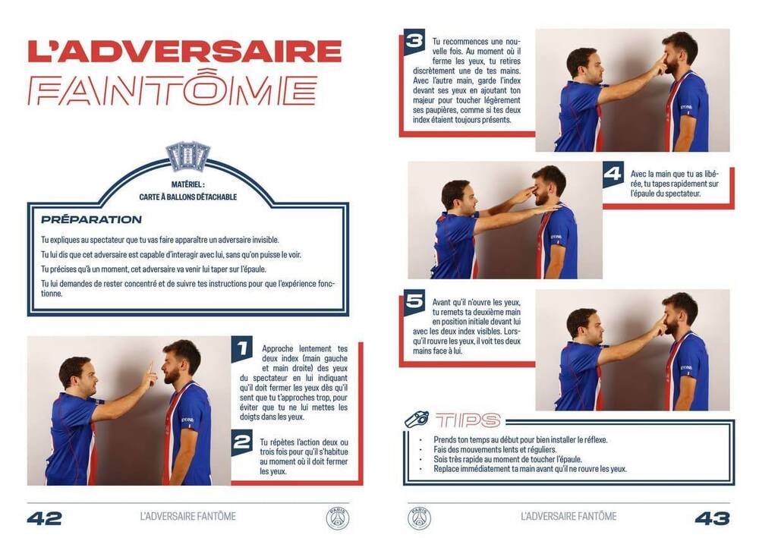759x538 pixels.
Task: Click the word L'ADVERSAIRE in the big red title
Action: pos(185,52)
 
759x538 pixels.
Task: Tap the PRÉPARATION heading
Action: pos(92,219)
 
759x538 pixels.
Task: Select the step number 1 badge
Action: pos(241,349)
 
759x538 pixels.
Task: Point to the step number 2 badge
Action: pos(241,442)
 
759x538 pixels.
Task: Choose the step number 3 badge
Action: pos(414,42)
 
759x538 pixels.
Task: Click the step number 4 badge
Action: pos(613,174)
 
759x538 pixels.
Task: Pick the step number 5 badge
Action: pos(414,302)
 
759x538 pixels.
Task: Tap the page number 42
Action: pos(45,518)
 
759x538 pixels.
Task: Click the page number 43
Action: pos(713,518)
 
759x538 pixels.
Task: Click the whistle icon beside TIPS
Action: pos(416,420)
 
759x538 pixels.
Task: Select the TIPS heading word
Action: pos(468,420)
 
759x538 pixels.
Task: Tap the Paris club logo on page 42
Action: pos(338,518)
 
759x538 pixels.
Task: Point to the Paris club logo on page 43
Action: pos(419,518)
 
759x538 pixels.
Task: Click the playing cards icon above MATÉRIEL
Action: pos(187,156)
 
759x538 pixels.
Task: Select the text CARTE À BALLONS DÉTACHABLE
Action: pos(187,197)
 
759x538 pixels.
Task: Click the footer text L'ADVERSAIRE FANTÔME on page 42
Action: pos(187,517)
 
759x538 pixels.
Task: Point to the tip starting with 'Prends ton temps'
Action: pos(521,440)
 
